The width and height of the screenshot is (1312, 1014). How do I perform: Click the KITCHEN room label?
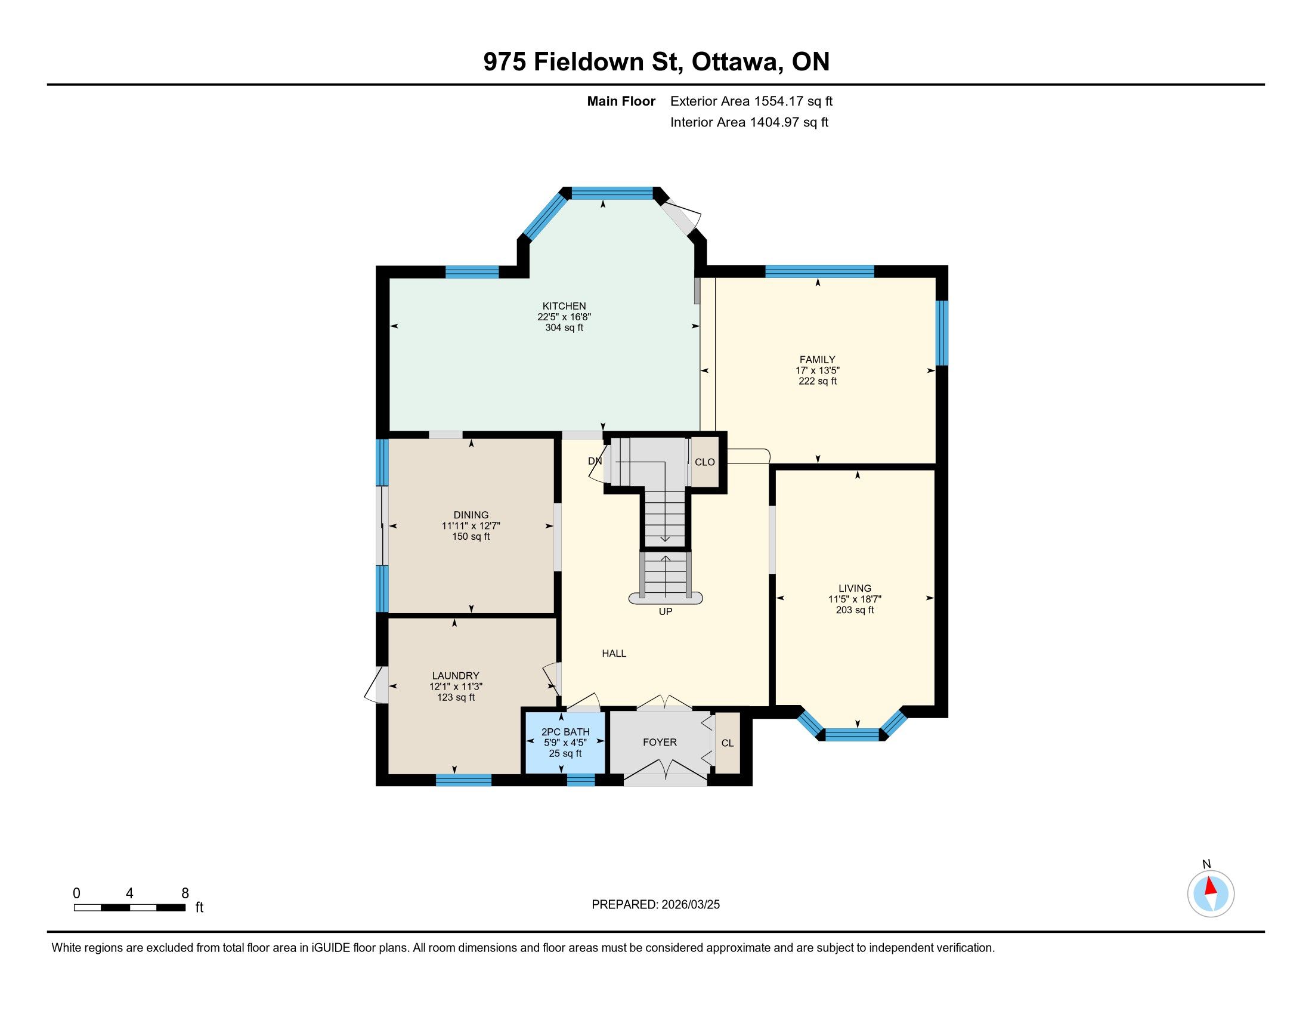[x=564, y=306]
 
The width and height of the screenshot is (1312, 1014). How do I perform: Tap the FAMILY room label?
[x=817, y=360]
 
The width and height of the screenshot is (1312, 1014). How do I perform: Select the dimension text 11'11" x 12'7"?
[x=471, y=525]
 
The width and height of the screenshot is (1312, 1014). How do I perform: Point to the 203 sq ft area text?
[x=854, y=610]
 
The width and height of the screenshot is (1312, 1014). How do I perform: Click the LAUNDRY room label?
[x=456, y=676]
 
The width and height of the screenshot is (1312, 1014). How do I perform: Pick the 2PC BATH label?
[x=565, y=732]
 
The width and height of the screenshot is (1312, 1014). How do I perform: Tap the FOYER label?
[x=660, y=743]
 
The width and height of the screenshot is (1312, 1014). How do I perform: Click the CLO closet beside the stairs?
[x=705, y=462]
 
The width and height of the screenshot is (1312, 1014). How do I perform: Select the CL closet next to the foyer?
[x=728, y=743]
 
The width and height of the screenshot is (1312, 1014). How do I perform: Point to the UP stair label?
[x=665, y=611]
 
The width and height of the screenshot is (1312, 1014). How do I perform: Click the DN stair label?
[x=595, y=461]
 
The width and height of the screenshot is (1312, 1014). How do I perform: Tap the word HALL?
[x=614, y=654]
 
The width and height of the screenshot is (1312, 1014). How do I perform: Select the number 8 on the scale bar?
[x=185, y=893]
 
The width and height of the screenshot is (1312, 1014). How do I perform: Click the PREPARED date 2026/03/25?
[x=689, y=905]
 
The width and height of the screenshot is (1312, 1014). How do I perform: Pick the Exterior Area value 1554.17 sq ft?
[x=794, y=101]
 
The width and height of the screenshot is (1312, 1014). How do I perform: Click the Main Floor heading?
[x=621, y=101]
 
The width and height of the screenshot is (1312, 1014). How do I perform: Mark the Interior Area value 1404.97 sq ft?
[x=790, y=122]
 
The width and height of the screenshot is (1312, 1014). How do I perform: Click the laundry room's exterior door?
[x=377, y=684]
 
